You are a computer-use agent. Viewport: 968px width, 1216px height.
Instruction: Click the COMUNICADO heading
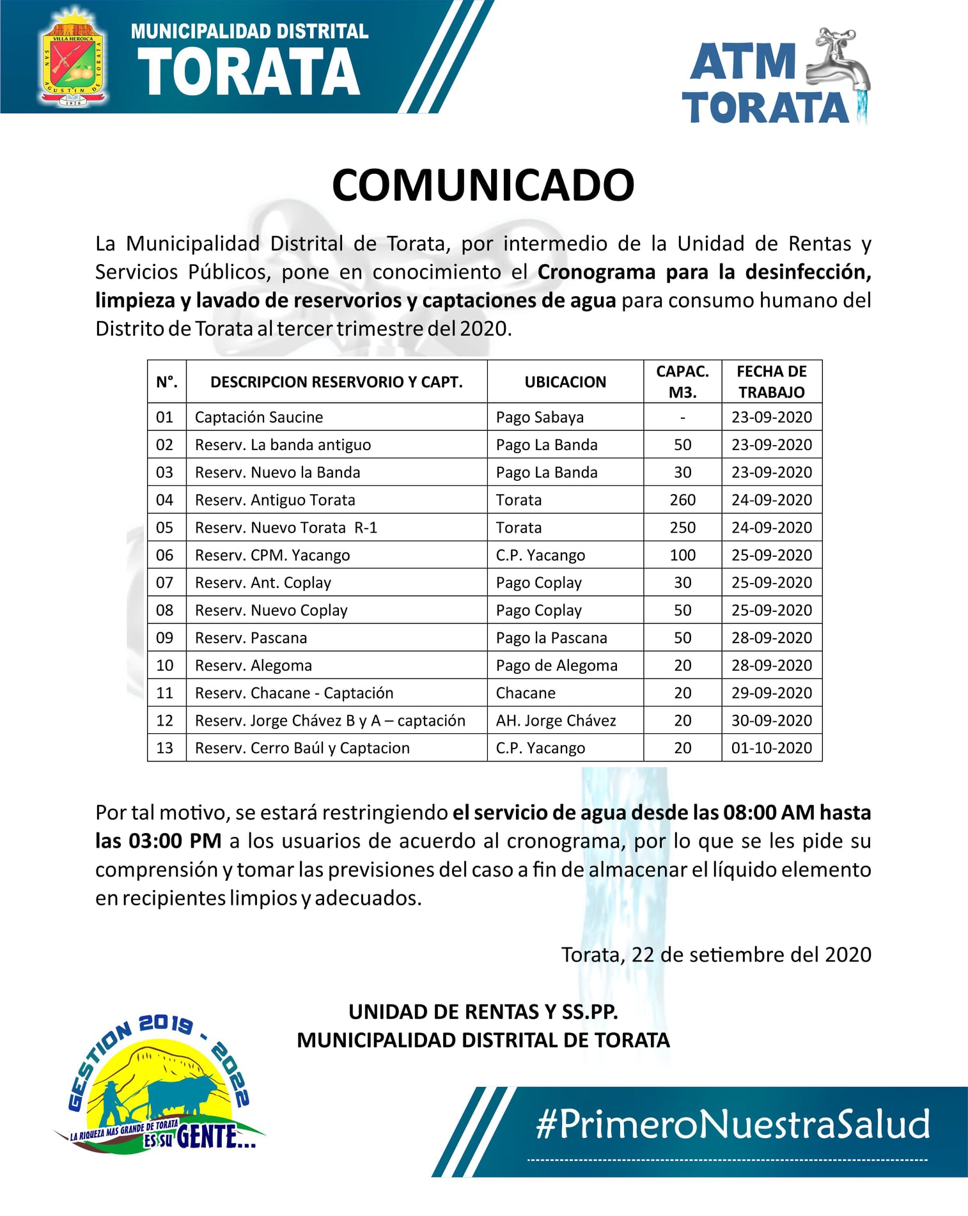pos(483,185)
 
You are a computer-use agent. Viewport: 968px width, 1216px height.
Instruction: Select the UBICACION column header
pos(565,382)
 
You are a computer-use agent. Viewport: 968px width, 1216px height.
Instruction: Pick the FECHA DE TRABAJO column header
pos(772,382)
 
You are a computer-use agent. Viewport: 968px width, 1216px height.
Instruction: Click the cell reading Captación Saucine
pos(259,417)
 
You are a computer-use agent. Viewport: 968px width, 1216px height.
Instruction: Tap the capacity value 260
pos(682,500)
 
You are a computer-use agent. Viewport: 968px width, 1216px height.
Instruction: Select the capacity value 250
pos(682,527)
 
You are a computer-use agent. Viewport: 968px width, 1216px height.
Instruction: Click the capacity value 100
pos(682,555)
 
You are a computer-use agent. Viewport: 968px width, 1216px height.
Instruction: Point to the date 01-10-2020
pos(772,748)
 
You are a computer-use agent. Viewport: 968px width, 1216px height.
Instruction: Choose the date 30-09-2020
pos(772,721)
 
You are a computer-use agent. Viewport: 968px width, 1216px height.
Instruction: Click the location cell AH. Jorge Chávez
pos(556,721)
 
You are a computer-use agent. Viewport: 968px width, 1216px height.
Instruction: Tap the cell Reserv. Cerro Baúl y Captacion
pos(302,748)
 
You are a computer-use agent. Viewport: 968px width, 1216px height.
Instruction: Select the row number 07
pos(165,582)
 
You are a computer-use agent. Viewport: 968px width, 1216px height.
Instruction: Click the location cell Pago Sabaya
pos(540,417)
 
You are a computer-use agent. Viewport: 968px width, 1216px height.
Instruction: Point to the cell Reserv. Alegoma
pos(254,666)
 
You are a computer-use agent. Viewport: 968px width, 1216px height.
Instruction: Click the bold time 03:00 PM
pos(175,841)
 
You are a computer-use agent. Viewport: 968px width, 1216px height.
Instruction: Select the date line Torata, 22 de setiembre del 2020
pos(716,955)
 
